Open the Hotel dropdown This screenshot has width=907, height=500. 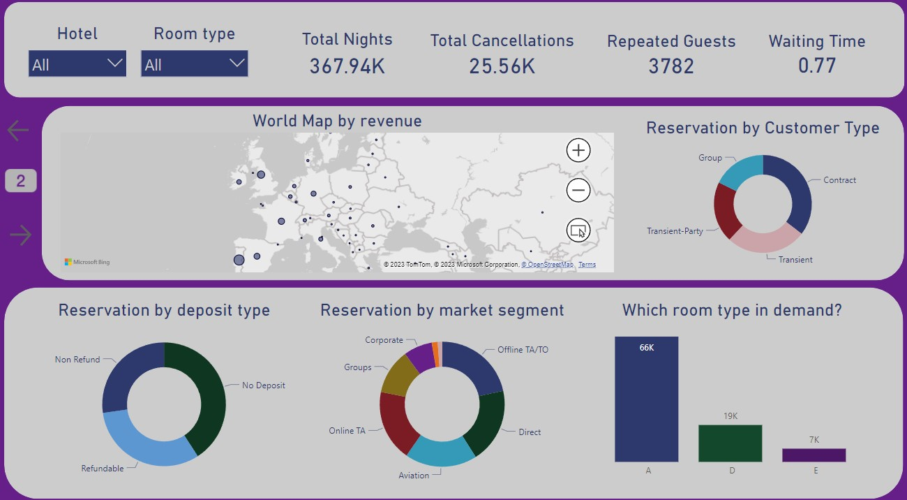[77, 64]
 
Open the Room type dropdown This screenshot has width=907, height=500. [194, 64]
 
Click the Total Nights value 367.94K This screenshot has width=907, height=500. [347, 66]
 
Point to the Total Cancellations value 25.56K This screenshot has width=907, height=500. [502, 66]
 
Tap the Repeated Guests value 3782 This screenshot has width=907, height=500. [671, 66]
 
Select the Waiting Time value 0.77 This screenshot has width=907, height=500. [817, 66]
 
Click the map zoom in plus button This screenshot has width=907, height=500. [578, 150]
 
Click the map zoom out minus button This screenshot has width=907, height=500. [578, 190]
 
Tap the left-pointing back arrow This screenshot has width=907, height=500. [18, 130]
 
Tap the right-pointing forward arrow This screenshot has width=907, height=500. [21, 235]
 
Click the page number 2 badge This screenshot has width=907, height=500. [21, 182]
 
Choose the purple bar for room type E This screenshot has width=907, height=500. [814, 455]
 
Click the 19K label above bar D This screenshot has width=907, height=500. [730, 416]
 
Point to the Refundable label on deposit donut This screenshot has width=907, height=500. [103, 469]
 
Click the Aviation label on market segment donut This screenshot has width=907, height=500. [414, 476]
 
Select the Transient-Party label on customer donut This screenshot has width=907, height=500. [675, 231]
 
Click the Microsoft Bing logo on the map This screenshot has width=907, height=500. [87, 263]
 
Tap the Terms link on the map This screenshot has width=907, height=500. [587, 265]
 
